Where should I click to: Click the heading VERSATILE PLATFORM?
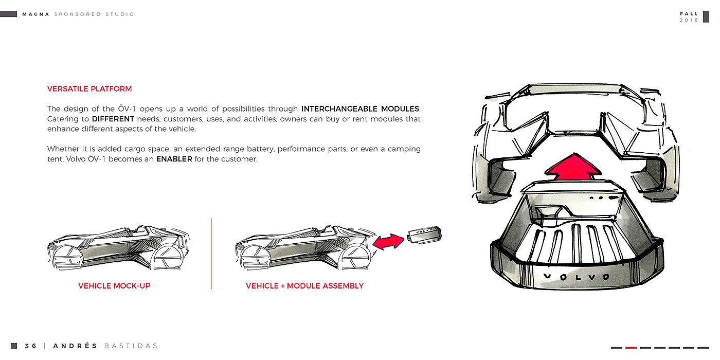(x=89, y=89)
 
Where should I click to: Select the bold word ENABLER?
(x=174, y=159)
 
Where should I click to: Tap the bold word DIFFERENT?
(x=113, y=119)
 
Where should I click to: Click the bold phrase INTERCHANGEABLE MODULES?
(x=360, y=109)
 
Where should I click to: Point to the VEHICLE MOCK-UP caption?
(x=114, y=286)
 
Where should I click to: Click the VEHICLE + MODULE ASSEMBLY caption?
(x=304, y=286)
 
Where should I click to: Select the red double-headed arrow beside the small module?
(x=389, y=242)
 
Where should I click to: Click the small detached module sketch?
(x=424, y=235)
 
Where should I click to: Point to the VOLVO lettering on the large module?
(x=576, y=277)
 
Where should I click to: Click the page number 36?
(x=31, y=346)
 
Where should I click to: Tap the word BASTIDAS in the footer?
(x=131, y=346)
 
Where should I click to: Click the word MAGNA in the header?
(x=36, y=14)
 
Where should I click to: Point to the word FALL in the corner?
(x=689, y=14)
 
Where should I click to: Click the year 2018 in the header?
(x=689, y=20)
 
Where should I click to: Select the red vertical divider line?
(x=211, y=253)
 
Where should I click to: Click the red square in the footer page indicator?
(x=631, y=348)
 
